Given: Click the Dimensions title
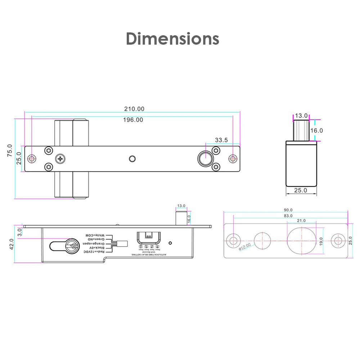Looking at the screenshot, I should pyautogui.click(x=172, y=39).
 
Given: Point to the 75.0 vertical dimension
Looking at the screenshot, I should pyautogui.click(x=10, y=150).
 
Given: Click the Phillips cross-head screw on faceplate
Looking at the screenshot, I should pyautogui.click(x=60, y=158).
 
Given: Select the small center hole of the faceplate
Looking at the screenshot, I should pyautogui.click(x=132, y=159).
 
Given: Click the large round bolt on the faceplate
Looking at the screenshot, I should pyautogui.click(x=205, y=159).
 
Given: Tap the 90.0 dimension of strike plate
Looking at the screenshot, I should pyautogui.click(x=288, y=210).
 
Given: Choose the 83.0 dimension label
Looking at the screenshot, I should pyautogui.click(x=288, y=216).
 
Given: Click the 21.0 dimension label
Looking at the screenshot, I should pyautogui.click(x=301, y=221).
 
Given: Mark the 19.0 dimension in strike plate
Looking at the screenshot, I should pyautogui.click(x=321, y=241).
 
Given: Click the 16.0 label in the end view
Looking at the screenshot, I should pyautogui.click(x=317, y=131).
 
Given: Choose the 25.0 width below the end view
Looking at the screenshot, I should pyautogui.click(x=301, y=190).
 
